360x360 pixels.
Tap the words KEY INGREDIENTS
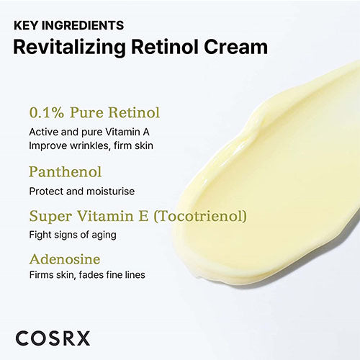click(69, 25)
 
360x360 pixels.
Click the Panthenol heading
click(66, 172)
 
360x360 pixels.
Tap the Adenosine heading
click(64, 257)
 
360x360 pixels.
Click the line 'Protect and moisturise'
click(82, 192)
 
